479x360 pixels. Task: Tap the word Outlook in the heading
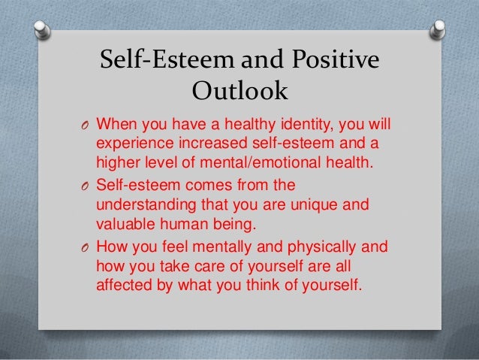tap(240, 93)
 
